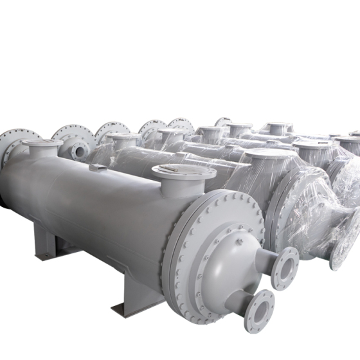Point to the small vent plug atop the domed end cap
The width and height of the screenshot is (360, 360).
click(239, 242)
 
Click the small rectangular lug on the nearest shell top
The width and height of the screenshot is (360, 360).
click(98, 168)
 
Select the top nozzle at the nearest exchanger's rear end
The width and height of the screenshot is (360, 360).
click(42, 148)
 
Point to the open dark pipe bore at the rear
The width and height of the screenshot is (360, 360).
click(79, 151)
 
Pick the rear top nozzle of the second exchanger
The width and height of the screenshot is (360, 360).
click(122, 140)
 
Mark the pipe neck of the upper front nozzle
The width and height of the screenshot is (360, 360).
click(265, 260)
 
